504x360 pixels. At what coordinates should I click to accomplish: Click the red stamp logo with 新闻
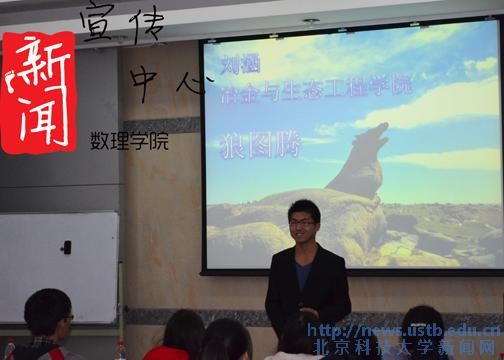[38, 92]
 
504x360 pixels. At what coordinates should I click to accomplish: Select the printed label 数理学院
[129, 141]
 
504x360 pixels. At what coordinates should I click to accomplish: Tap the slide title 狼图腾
[252, 142]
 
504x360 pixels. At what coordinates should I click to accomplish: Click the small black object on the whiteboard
[66, 247]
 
